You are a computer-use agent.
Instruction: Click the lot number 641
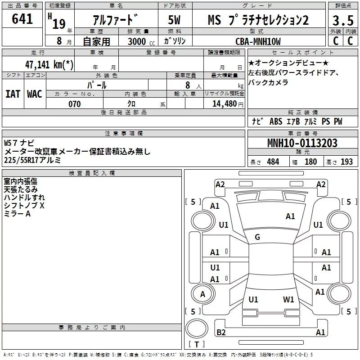[x=22, y=19]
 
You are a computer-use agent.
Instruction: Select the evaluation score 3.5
[x=342, y=21]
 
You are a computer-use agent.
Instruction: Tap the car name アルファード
[x=116, y=20]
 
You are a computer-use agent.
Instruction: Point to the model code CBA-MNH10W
[x=257, y=41]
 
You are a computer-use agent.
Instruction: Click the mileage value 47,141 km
[x=49, y=64]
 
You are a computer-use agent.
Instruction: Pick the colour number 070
[x=74, y=104]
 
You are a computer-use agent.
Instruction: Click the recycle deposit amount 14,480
[x=223, y=104]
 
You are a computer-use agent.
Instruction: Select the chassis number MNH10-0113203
[x=302, y=143]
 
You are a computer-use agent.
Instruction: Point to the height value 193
[x=346, y=162]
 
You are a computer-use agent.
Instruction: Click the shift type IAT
[x=13, y=94]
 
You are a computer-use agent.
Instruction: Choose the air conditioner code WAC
[x=34, y=94]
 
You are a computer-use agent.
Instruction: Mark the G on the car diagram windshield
[x=257, y=237]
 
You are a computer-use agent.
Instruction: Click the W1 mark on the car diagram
[x=288, y=299]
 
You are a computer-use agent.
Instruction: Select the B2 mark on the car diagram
[x=221, y=333]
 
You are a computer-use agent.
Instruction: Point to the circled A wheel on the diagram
[x=203, y=294]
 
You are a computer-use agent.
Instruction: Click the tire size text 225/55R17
[x=23, y=160]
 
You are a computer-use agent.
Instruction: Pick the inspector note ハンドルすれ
[x=24, y=197]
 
